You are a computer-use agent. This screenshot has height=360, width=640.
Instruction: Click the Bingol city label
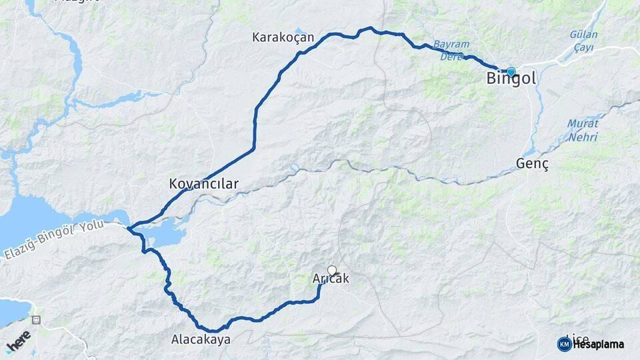[511, 79]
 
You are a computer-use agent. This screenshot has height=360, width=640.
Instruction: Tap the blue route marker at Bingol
[511, 72]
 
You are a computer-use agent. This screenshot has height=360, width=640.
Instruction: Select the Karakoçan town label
[283, 37]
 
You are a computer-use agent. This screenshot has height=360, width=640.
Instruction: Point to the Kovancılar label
[203, 183]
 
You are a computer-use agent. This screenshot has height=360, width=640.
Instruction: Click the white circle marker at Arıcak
[332, 271]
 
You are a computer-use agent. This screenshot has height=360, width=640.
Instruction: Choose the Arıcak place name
[331, 279]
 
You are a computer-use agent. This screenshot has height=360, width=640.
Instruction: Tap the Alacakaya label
[201, 339]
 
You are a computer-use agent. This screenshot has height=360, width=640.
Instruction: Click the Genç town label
[533, 164]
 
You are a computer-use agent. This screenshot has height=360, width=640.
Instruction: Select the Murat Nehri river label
[583, 131]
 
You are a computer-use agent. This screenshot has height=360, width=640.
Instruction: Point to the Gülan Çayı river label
[584, 41]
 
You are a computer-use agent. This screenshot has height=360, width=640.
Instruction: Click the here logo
[19, 341]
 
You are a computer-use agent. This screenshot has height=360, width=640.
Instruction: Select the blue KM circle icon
[564, 344]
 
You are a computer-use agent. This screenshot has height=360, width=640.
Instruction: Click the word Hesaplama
[598, 345]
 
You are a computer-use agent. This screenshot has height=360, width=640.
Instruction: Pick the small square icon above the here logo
[35, 320]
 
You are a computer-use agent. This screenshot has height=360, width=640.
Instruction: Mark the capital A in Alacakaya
[175, 339]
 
